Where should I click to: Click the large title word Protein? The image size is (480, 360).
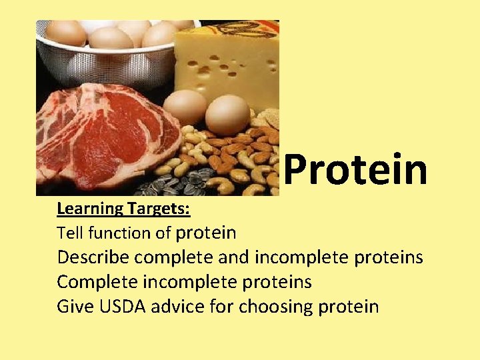[x=355, y=169]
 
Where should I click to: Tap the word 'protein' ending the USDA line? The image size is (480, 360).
[x=347, y=307]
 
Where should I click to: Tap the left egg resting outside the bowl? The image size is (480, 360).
[x=185, y=107]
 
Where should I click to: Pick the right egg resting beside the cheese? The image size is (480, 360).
[x=227, y=115]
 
